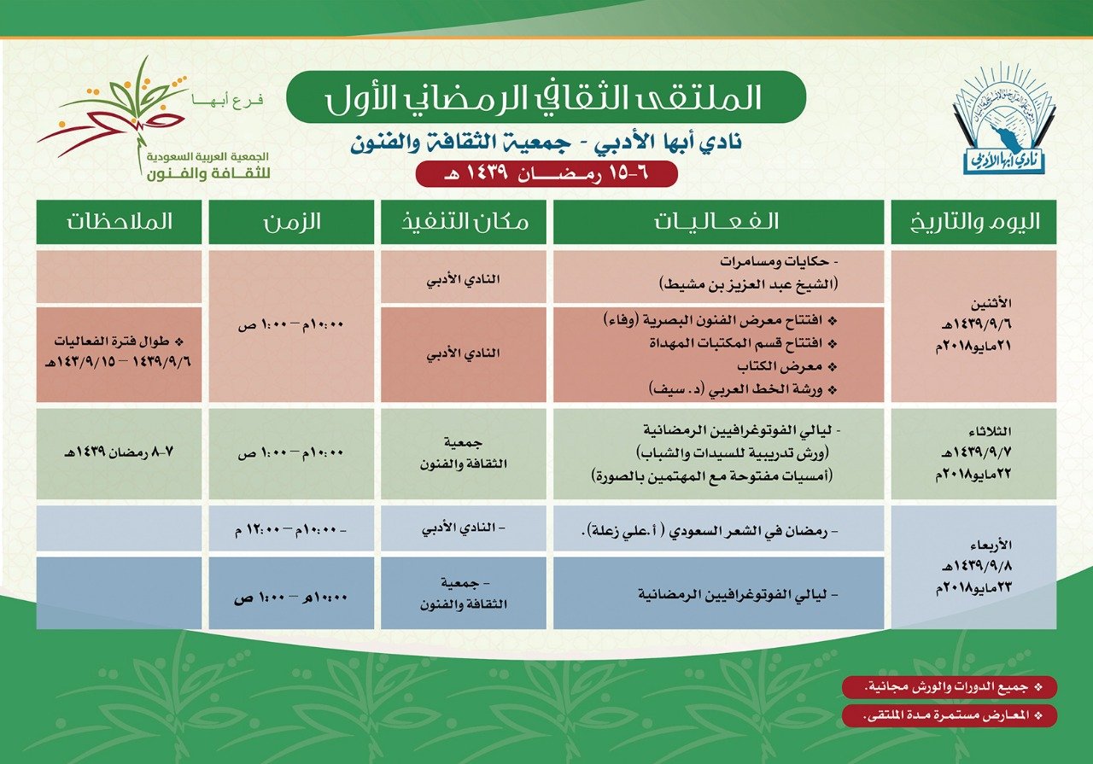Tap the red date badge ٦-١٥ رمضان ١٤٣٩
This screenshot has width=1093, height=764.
tap(546, 173)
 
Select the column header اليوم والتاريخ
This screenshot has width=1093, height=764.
tap(973, 222)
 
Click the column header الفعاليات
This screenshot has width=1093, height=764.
tap(718, 222)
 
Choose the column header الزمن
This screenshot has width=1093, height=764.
tap(291, 222)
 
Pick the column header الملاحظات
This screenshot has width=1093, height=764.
tap(119, 222)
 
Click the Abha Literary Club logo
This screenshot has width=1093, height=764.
tap(1004, 119)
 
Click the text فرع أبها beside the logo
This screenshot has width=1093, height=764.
tap(227, 101)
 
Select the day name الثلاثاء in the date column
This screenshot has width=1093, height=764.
tap(990, 431)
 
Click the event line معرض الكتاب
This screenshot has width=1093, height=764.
tap(786, 366)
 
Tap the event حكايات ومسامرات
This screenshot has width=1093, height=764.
tap(779, 261)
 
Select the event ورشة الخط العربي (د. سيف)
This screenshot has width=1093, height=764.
tap(743, 389)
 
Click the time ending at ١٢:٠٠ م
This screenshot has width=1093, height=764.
tap(291, 530)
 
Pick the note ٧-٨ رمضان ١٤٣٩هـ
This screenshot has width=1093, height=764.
tap(119, 452)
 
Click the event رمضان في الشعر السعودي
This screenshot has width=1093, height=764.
tap(710, 531)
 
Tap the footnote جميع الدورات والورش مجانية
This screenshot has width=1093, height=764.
tap(949, 687)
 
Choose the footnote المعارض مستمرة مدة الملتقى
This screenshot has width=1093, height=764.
tap(949, 715)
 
